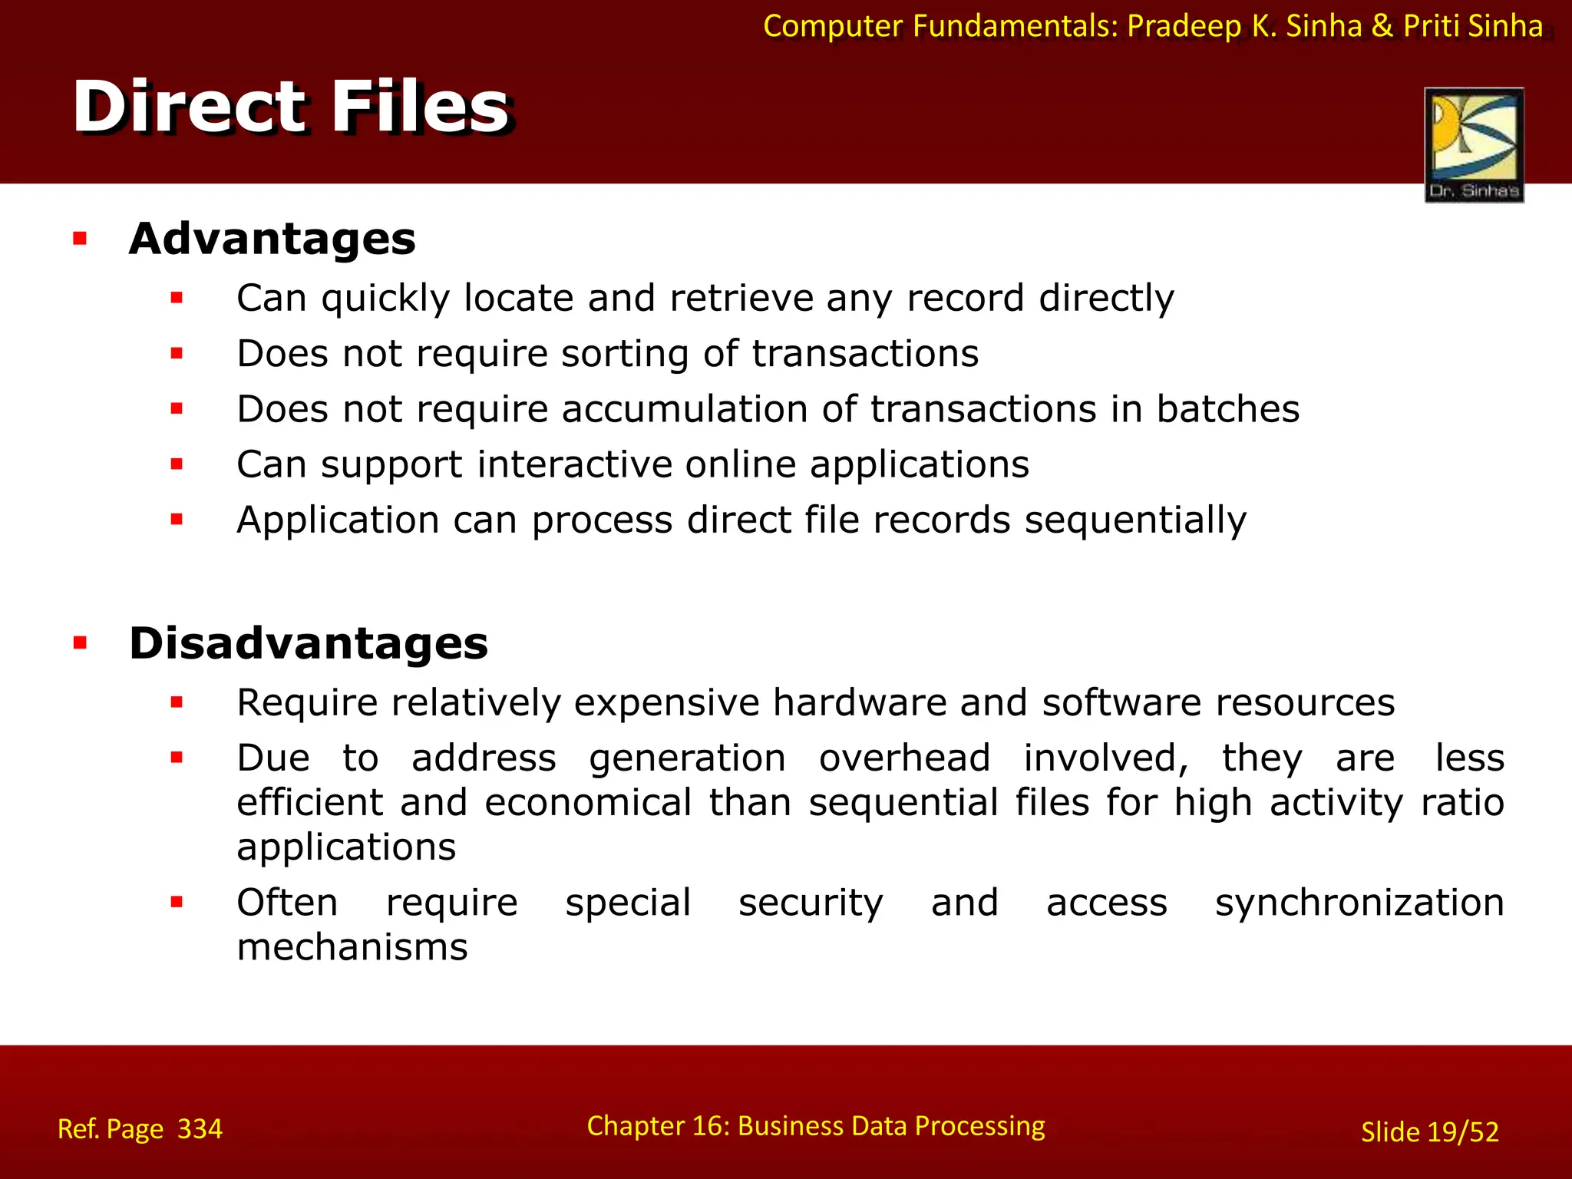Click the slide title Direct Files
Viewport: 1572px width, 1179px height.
click(291, 107)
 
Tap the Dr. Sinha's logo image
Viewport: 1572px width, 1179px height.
click(1474, 145)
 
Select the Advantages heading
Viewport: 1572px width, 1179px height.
click(272, 239)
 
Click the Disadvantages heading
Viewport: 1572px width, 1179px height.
click(309, 643)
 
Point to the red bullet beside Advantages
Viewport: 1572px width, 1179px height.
click(81, 239)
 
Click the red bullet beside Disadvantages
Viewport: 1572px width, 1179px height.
click(81, 643)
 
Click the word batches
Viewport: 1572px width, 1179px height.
click(1228, 409)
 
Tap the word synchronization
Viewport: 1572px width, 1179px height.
click(1359, 903)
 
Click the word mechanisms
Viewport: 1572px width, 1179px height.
click(352, 947)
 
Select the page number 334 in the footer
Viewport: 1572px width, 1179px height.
click(200, 1129)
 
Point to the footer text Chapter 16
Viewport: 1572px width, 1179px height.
click(656, 1126)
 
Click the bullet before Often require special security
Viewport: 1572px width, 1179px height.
click(177, 902)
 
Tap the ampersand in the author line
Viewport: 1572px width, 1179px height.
click(1382, 26)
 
